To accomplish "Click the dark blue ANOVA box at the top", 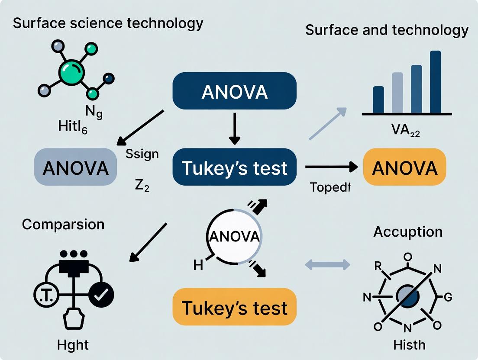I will click(x=234, y=92).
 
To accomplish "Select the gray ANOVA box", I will click(x=75, y=167).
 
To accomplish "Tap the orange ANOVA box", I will click(x=404, y=167).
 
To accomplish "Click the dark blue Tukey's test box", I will click(x=234, y=167).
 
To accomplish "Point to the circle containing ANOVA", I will click(x=234, y=236).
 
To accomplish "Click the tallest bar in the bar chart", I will click(x=435, y=82).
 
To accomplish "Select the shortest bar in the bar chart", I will click(x=378, y=100).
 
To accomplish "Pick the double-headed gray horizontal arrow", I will click(x=327, y=264).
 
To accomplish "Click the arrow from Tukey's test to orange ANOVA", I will click(x=331, y=166).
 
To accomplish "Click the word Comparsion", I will click(x=63, y=224).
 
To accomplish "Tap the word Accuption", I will click(x=408, y=231).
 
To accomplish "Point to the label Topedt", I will click(x=330, y=187).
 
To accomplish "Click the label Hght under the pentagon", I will click(x=73, y=345).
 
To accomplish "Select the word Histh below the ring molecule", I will click(x=409, y=345).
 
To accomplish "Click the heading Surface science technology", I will click(x=108, y=23).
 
